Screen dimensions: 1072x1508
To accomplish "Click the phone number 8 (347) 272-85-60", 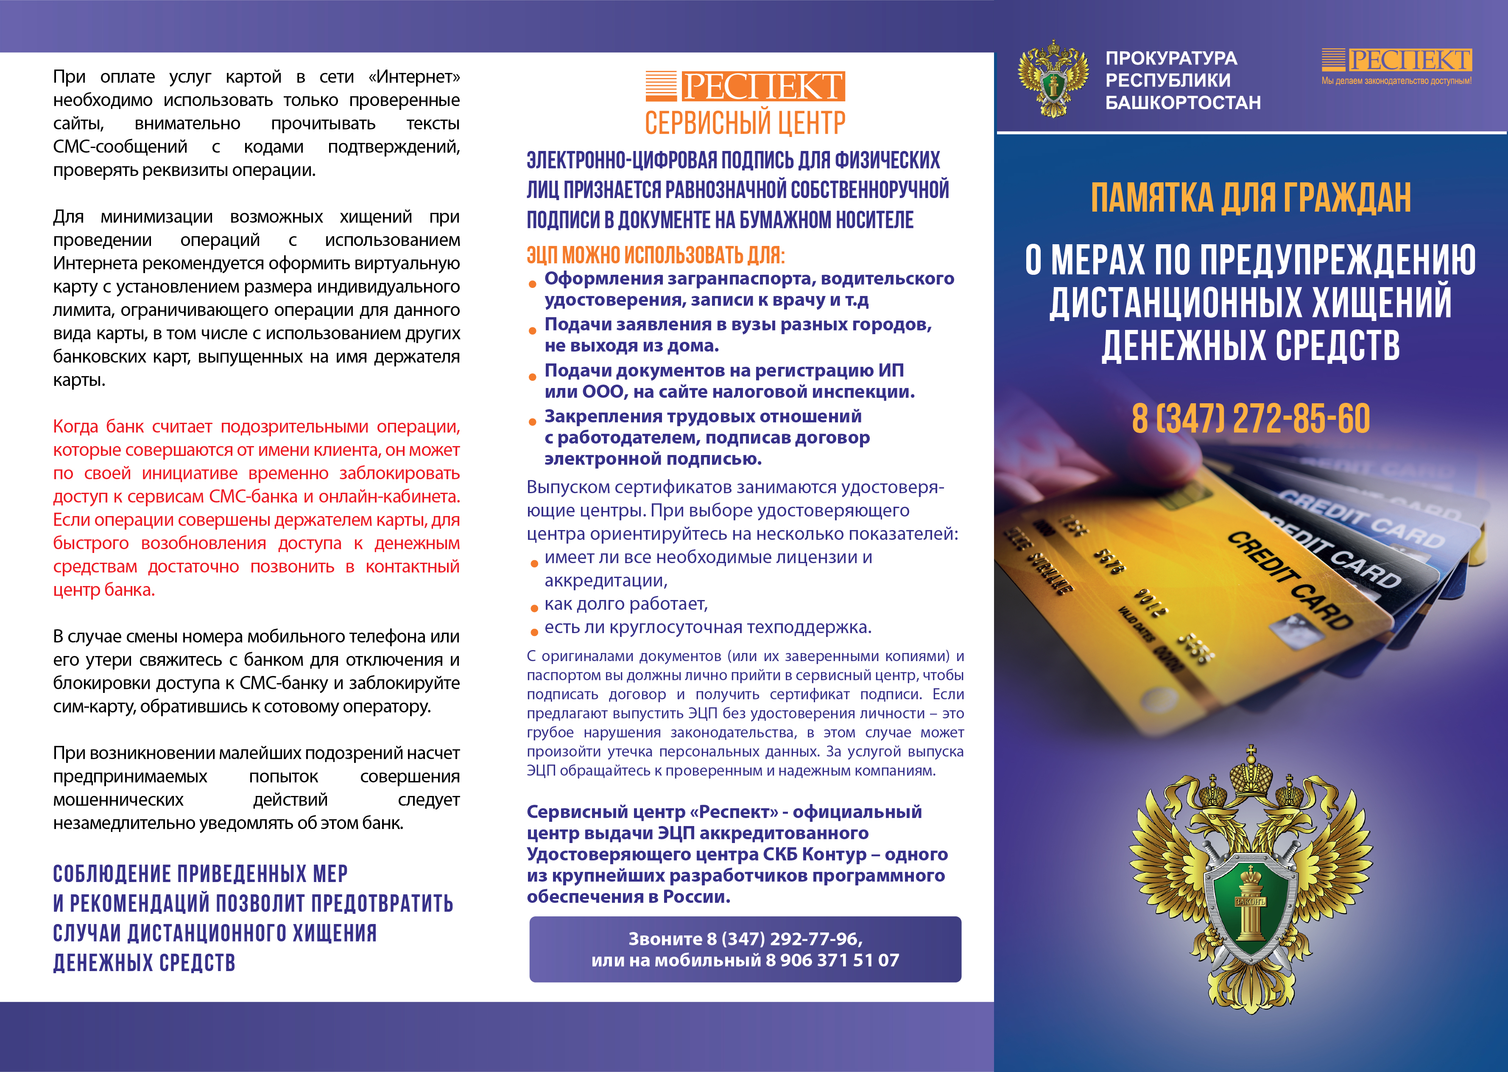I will (1251, 419).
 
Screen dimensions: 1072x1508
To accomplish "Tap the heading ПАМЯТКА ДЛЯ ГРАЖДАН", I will (1251, 198).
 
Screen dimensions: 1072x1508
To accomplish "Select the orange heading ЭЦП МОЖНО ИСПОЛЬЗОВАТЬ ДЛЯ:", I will (655, 255).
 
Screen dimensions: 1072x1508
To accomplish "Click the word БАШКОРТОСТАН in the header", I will (1183, 103).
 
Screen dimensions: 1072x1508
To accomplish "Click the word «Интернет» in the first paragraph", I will (414, 77).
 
